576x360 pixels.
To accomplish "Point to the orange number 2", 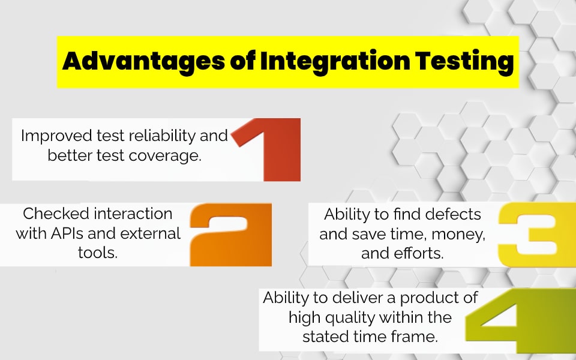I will (231, 235).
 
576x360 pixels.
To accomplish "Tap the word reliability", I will (159, 136).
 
